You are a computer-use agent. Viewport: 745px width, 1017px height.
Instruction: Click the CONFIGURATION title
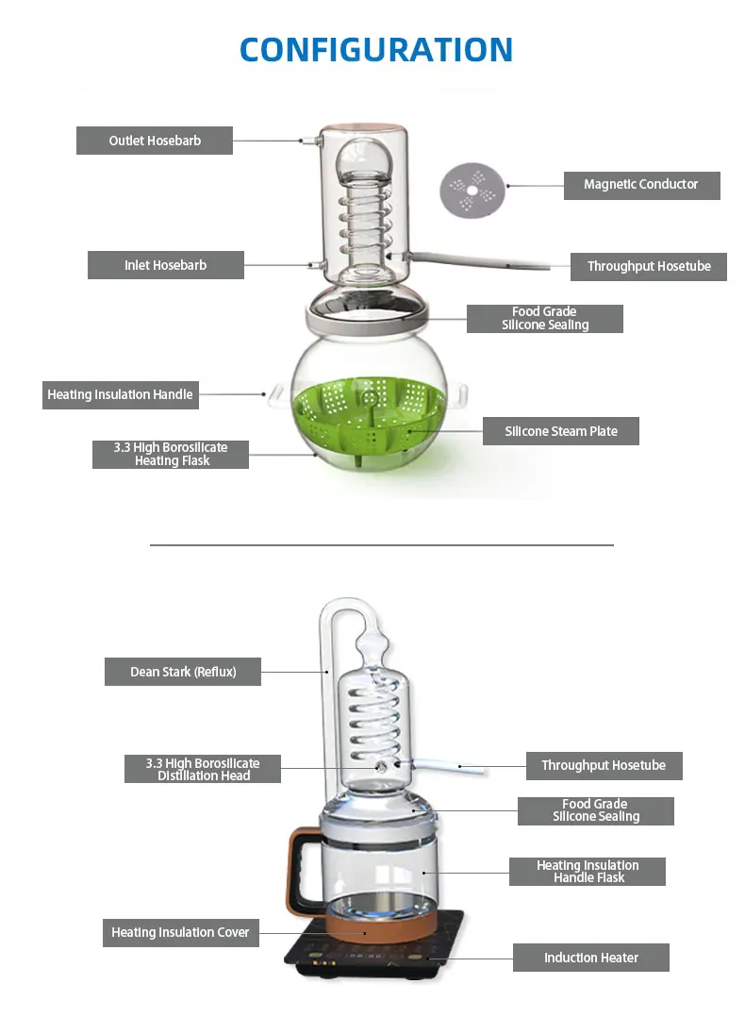coord(376,49)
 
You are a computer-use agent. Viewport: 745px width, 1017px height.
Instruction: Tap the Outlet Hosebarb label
coord(155,141)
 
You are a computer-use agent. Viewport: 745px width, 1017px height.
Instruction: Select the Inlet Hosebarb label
coord(166,265)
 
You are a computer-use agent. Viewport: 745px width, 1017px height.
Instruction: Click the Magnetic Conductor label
coord(641,185)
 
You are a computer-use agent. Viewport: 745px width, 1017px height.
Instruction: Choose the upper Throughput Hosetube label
coord(649,267)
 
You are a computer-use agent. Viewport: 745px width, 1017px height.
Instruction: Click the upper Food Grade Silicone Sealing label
coord(545,318)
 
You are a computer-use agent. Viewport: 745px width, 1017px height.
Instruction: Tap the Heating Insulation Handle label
coord(120,394)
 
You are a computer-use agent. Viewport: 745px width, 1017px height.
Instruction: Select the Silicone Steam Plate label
coord(561,431)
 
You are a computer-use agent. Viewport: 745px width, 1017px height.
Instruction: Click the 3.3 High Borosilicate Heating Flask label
coord(171,454)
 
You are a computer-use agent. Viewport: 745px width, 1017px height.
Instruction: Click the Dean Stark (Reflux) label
coord(183,672)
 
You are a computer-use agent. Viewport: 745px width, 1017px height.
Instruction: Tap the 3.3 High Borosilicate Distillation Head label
coord(203,769)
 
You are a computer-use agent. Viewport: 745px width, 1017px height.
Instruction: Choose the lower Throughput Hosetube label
coord(604,765)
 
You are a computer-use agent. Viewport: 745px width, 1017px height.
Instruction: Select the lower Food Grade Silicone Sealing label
coord(596,810)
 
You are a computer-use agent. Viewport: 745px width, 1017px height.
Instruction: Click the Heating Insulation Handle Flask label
coord(588,871)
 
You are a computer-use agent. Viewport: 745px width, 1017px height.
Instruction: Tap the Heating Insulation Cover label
coord(180,932)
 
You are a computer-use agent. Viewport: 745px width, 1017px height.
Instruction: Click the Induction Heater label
coord(591,958)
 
